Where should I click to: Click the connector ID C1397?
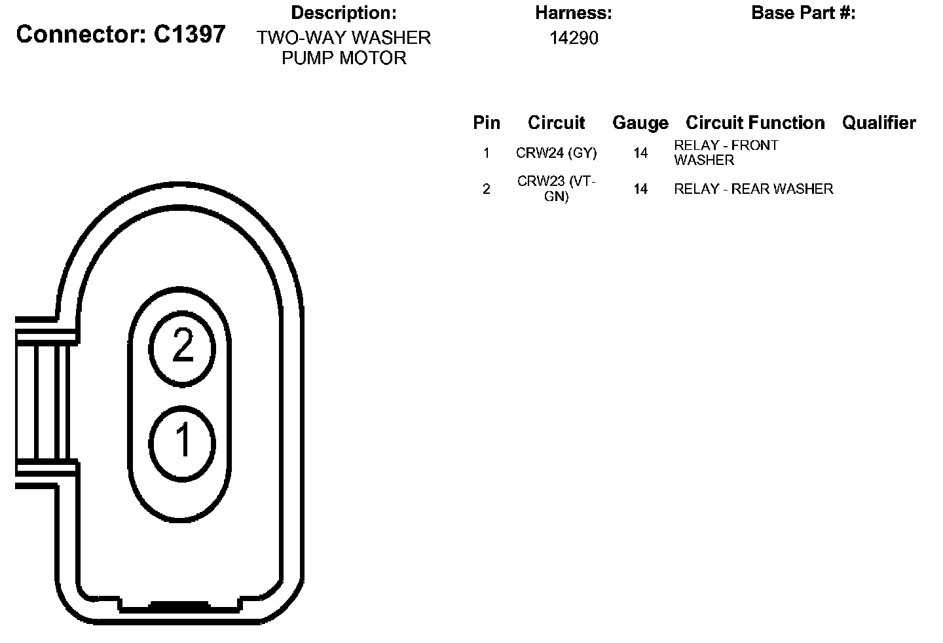point(190,34)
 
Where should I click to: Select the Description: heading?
point(344,13)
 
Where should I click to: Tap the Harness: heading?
point(574,13)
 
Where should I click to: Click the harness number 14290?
point(574,38)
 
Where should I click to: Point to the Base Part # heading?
point(804,13)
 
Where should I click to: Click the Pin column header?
point(487,123)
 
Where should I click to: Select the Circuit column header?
point(556,123)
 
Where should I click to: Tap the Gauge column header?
point(640,123)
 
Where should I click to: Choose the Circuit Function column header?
point(755,123)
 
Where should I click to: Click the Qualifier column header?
point(879,123)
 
